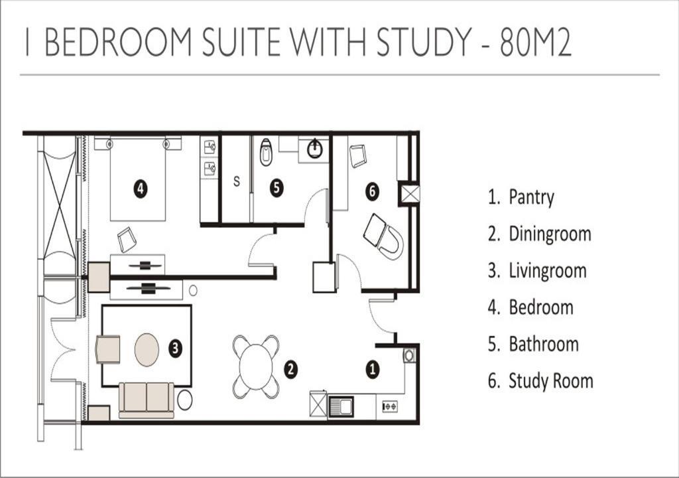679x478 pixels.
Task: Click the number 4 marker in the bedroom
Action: [x=141, y=189]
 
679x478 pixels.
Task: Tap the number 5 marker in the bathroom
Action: [x=277, y=188]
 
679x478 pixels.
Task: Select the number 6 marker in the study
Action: [x=373, y=191]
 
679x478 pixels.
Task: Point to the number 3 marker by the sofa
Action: [x=175, y=348]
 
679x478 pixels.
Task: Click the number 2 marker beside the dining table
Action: [x=290, y=369]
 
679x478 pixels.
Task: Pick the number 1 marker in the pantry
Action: [x=373, y=370]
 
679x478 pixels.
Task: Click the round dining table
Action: [x=256, y=367]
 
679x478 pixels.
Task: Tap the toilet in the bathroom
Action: [x=266, y=152]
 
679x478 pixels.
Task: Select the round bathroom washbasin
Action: [x=315, y=149]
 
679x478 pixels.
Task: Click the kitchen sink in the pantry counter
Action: [x=341, y=407]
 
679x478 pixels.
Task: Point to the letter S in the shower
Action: [x=237, y=181]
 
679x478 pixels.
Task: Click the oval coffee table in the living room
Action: [x=147, y=350]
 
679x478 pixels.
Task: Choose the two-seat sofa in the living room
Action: [x=147, y=400]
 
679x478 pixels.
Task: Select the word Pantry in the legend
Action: [x=531, y=197]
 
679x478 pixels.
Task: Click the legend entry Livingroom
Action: [x=547, y=271]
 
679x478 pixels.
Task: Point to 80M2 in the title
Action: [x=536, y=42]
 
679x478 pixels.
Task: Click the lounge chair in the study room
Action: [x=384, y=236]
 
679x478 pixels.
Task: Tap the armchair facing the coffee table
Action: [x=107, y=349]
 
